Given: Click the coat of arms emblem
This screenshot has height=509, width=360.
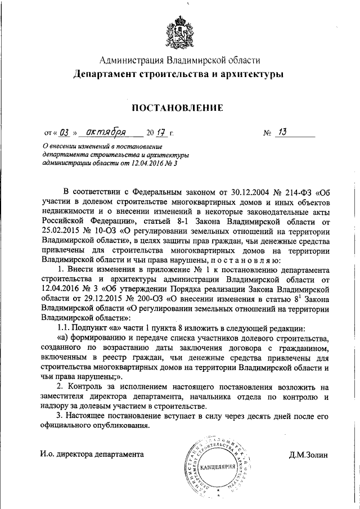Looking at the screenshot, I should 180,31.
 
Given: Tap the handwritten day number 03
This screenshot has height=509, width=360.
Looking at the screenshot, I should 64,133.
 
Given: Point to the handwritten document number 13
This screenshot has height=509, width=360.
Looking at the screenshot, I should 282,133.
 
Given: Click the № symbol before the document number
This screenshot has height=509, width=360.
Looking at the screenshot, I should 267,134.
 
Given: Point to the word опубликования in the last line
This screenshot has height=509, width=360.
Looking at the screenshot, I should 115,426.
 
